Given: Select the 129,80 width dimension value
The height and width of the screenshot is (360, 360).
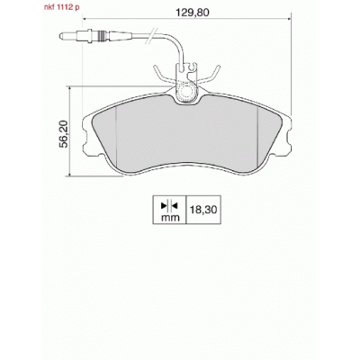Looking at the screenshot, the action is pyautogui.click(x=193, y=13).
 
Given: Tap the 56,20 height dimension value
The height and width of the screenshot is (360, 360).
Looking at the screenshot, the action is pyautogui.click(x=63, y=134).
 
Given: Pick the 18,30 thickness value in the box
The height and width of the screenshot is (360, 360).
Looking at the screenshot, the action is pyautogui.click(x=203, y=210).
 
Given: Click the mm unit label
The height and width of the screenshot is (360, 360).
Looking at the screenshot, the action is pyautogui.click(x=170, y=217).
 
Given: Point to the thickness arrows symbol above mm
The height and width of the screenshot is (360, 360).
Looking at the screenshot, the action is pyautogui.click(x=170, y=206).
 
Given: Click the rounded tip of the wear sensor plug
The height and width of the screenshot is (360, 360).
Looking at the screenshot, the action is pyautogui.click(x=61, y=36).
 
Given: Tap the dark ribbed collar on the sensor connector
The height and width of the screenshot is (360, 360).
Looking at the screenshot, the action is pyautogui.click(x=103, y=36).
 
